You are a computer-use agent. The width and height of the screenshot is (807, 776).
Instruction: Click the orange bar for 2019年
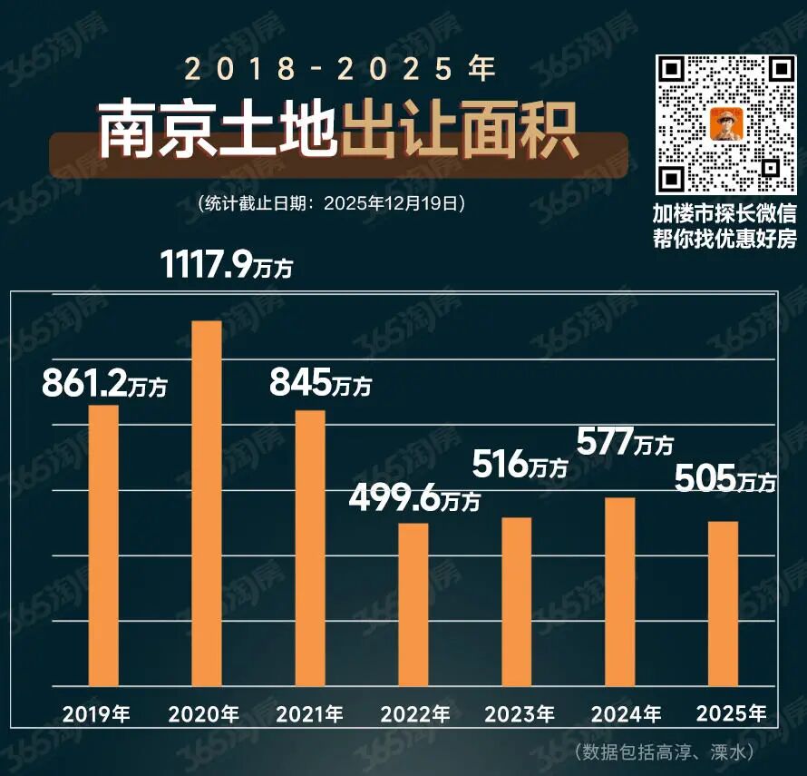tap(103, 545)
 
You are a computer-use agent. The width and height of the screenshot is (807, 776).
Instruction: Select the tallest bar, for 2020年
tap(207, 503)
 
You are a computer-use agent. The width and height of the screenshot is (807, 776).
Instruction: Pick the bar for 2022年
tap(413, 604)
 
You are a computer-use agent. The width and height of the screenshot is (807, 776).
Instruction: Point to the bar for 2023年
tap(517, 602)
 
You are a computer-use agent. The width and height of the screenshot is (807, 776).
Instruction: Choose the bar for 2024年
tap(621, 591)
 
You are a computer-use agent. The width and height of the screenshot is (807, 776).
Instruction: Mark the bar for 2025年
tap(724, 604)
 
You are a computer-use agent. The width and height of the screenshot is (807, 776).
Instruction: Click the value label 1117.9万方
tap(227, 265)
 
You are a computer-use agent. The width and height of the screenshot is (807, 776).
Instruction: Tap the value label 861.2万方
tap(104, 384)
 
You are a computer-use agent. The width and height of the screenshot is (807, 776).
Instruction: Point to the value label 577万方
tap(626, 443)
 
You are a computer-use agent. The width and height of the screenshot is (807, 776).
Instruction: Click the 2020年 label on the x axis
tap(204, 714)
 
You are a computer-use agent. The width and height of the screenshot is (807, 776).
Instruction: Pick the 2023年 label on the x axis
tap(519, 714)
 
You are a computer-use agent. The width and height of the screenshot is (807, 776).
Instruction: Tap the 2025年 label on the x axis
tap(732, 713)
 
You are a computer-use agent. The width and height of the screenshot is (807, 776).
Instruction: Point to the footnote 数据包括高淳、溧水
tap(665, 752)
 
